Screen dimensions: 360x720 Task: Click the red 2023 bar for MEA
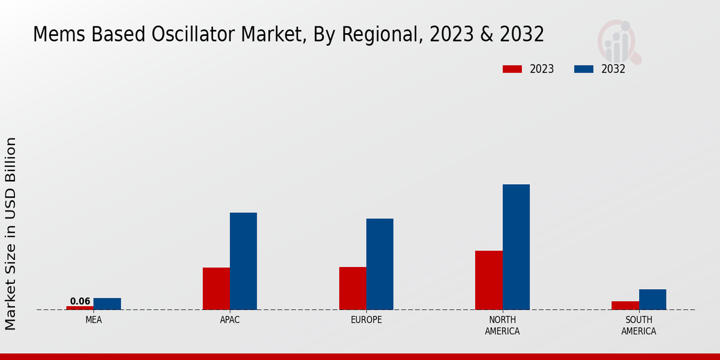[x=80, y=308]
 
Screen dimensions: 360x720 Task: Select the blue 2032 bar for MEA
[x=107, y=304]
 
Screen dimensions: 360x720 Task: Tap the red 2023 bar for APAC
[x=216, y=289]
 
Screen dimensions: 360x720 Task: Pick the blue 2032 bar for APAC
[x=243, y=261]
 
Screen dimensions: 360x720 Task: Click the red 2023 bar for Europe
[x=352, y=288]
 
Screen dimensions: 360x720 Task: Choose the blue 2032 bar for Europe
[x=380, y=264]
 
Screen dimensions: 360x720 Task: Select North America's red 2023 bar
[x=489, y=280]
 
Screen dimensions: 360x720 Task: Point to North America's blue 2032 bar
[x=516, y=247]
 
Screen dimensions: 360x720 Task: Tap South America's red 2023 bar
[x=625, y=305]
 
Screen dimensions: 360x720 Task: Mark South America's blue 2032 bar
[x=652, y=299]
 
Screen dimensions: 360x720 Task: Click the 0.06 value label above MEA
[x=80, y=301]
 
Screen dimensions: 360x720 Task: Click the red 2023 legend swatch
[x=512, y=69]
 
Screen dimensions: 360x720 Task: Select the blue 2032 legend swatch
[x=583, y=69]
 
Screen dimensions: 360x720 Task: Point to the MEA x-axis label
[x=94, y=320]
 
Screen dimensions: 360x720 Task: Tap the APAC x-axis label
[x=230, y=320]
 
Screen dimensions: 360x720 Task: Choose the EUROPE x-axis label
[x=366, y=320]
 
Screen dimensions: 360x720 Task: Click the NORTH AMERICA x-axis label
[x=502, y=325]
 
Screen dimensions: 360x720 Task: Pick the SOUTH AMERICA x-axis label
[x=638, y=325]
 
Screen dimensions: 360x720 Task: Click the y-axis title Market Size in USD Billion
[x=11, y=233]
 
